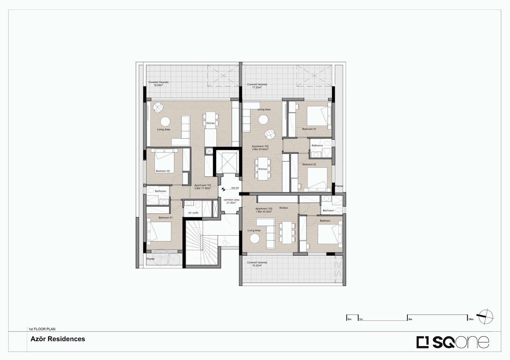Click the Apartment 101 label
point(203,187)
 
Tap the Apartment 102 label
point(260,148)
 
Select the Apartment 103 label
point(264,210)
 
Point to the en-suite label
point(193,213)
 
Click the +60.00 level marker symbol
point(223,189)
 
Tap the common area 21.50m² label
point(231,201)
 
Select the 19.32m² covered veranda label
point(257,264)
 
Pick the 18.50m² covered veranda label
point(158,84)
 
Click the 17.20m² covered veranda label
point(257,86)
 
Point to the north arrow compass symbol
point(485,317)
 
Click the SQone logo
point(453,342)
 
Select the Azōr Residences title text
point(58,339)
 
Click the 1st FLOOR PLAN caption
point(42,329)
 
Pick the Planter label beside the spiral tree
point(151,259)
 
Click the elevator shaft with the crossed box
point(226,162)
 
